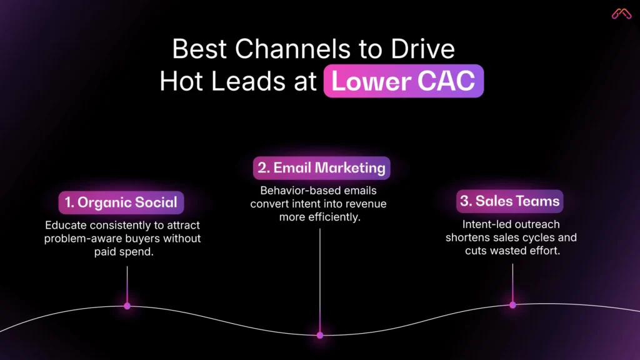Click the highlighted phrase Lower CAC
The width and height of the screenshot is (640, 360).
tap(403, 81)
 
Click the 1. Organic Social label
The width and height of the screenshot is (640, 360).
tap(121, 202)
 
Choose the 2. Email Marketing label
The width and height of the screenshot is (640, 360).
tap(321, 168)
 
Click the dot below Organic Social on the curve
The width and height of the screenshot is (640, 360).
tap(127, 306)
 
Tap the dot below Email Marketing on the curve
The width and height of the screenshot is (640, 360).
tap(320, 335)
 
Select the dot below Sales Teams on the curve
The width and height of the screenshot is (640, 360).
tap(512, 305)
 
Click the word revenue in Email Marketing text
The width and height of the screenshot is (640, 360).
tap(366, 204)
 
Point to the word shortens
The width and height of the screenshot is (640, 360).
tap(467, 237)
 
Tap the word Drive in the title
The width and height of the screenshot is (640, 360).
tap(425, 49)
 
